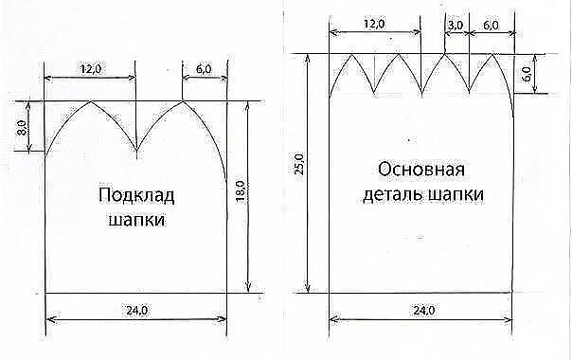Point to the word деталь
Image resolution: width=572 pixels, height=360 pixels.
click(x=392, y=195)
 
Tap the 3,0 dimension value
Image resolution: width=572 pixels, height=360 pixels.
click(x=456, y=26)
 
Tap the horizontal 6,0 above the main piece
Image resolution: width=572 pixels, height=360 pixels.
click(x=492, y=26)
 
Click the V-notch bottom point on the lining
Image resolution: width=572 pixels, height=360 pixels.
click(x=136, y=149)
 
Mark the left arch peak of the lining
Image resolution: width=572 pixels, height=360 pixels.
click(x=90, y=101)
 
